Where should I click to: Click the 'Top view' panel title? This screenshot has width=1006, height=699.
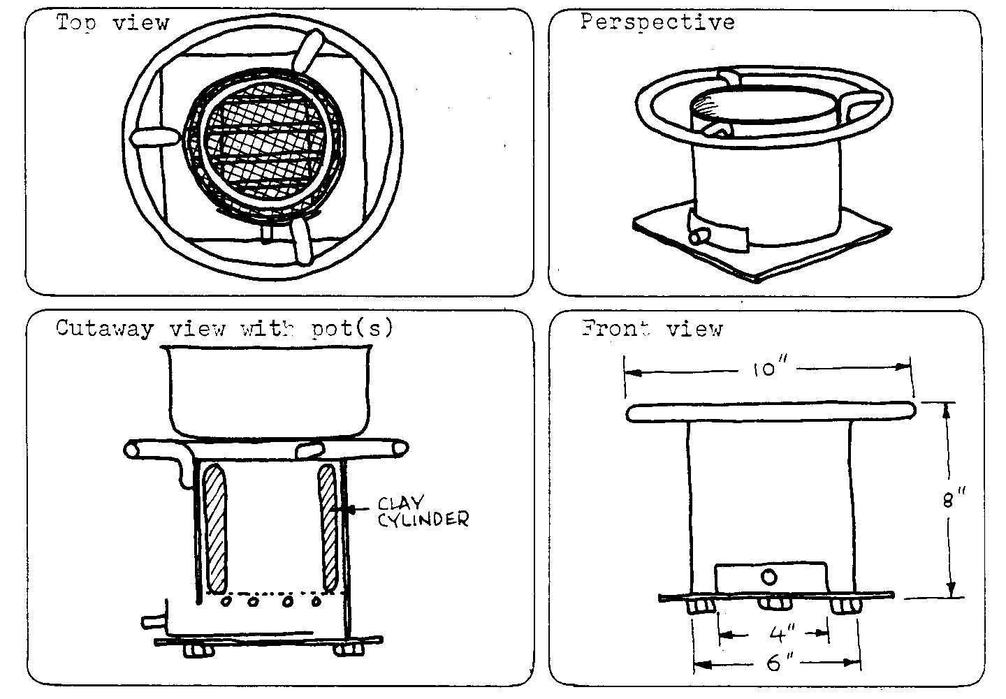(x=113, y=22)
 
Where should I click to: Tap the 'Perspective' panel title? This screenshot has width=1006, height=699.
(x=657, y=22)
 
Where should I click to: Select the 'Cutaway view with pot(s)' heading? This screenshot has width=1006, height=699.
(x=224, y=328)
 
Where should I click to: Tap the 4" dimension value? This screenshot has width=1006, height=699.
(x=776, y=635)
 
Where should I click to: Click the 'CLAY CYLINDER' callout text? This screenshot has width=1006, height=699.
(x=422, y=511)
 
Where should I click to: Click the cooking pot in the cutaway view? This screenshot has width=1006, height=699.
(x=268, y=395)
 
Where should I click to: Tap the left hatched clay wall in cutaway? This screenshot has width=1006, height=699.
(x=215, y=527)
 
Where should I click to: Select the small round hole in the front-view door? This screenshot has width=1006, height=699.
(x=768, y=577)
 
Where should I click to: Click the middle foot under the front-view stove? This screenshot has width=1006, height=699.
(x=773, y=603)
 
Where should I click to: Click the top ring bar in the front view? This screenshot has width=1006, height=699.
(x=771, y=413)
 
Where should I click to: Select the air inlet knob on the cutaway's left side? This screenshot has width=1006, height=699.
(x=153, y=620)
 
